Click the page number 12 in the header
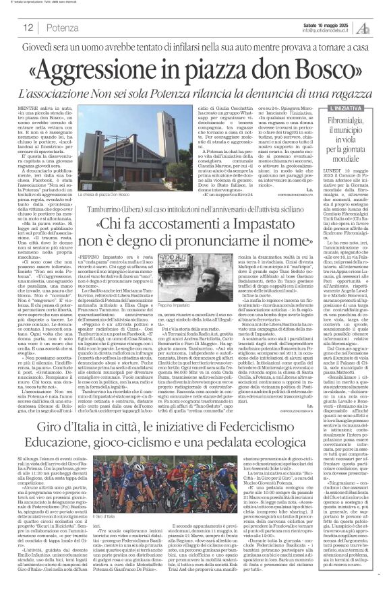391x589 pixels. (29, 27)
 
